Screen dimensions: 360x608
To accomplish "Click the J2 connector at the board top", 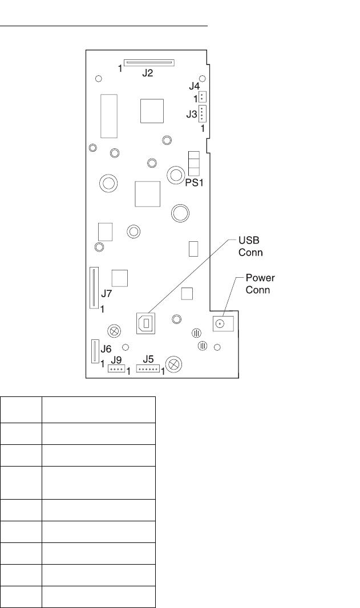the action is (x=149, y=62).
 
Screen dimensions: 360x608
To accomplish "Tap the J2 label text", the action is (x=147, y=72).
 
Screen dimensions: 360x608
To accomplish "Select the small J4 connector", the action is (x=202, y=96).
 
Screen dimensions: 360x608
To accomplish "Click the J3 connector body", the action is (x=202, y=114).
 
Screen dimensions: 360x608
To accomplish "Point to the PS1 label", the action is (x=195, y=183).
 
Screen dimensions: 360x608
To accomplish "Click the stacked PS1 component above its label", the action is (x=193, y=164).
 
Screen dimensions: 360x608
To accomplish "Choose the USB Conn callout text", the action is (x=250, y=246).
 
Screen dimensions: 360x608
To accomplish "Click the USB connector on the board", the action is (x=145, y=323).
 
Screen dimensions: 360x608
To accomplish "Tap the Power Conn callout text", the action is (x=260, y=284).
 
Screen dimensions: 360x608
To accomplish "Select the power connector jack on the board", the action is (x=223, y=323).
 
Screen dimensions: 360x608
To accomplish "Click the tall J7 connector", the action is (x=94, y=287).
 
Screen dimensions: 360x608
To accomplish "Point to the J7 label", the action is (x=107, y=294).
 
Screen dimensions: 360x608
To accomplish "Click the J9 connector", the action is (x=116, y=368).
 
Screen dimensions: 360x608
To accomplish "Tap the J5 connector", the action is (x=148, y=369).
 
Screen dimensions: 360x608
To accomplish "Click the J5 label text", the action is (x=148, y=359).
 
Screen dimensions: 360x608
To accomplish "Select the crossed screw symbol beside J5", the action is (x=174, y=364).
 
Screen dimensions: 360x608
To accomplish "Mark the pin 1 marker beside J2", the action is (x=120, y=68).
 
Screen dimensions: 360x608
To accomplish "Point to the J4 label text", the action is (x=195, y=86).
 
